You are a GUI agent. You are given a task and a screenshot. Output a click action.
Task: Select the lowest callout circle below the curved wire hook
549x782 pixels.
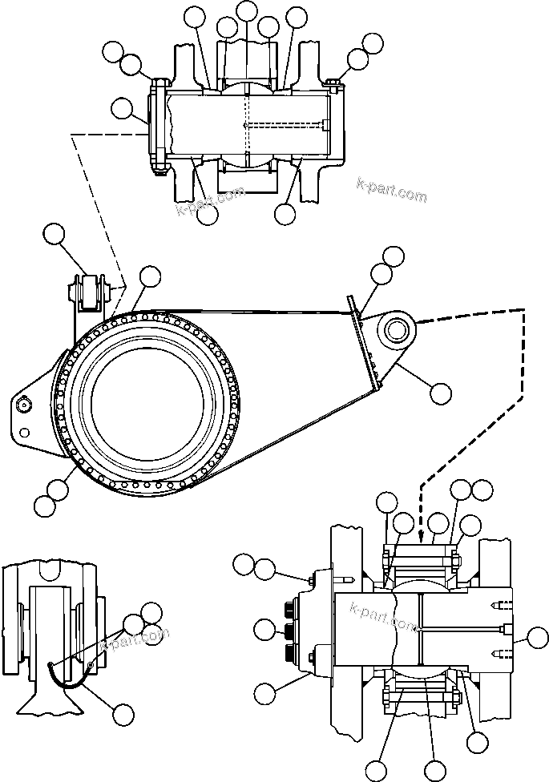coord(122,714)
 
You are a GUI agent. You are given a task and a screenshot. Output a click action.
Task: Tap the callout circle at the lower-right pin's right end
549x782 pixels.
coord(530,638)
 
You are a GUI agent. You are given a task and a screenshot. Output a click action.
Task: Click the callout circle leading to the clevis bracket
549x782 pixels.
coord(54,234)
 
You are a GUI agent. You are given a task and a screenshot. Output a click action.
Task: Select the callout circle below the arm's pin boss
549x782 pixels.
coord(440,393)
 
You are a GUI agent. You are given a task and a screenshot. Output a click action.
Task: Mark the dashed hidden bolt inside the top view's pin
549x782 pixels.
coord(285,124)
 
